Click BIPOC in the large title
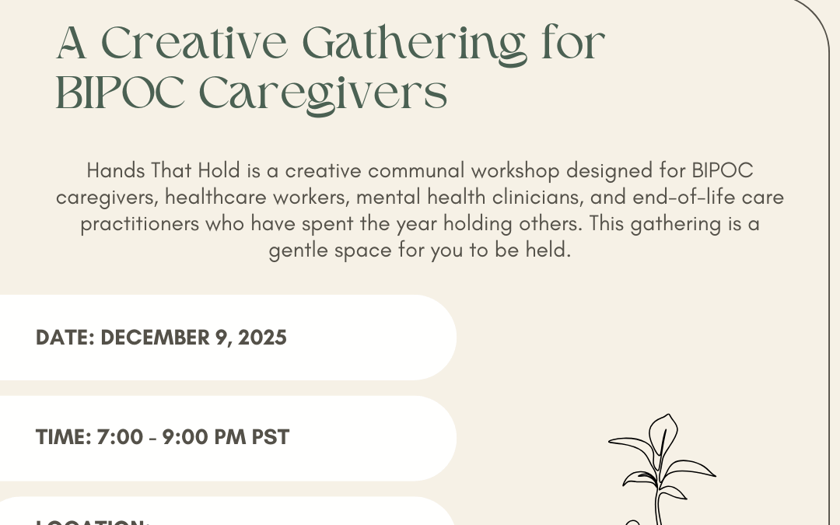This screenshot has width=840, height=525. click(121, 94)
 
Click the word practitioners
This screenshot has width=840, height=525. click(140, 224)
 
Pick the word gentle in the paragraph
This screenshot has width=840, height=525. click(295, 251)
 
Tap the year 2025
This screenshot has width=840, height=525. click(261, 338)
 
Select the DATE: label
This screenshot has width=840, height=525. click(65, 338)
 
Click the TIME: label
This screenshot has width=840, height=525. click(63, 437)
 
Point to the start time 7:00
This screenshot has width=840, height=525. click(120, 437)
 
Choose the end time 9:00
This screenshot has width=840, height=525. click(184, 437)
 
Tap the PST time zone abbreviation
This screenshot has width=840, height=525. click(271, 437)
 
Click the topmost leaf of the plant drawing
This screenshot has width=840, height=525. click(663, 430)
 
